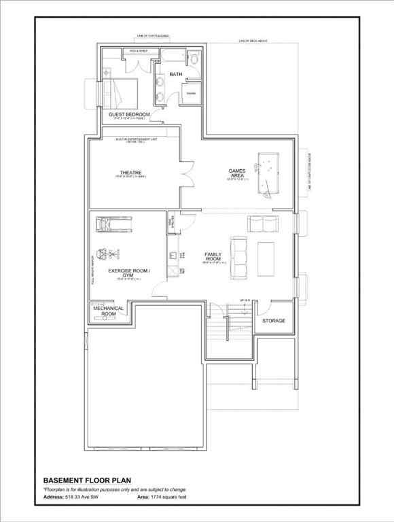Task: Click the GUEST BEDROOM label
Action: coord(129,114)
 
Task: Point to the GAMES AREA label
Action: coord(236,173)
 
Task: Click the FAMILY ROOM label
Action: coord(213,257)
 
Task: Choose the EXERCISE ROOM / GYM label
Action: coord(128,273)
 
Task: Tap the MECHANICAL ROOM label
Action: coord(108,311)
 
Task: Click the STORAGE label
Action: coord(274,320)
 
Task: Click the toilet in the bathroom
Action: coord(194,60)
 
